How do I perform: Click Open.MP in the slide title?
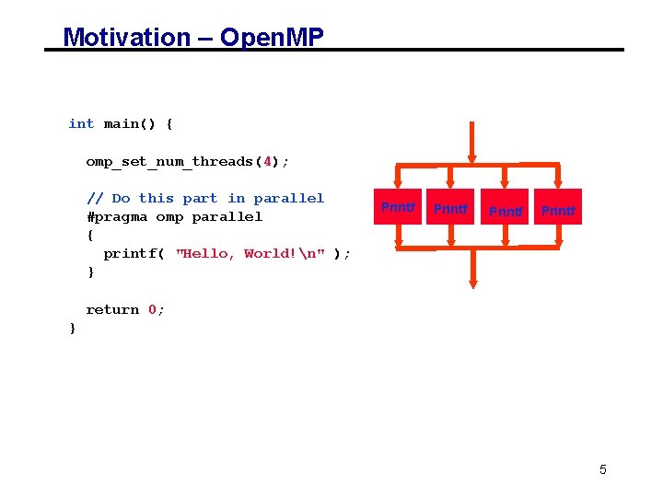[273, 37]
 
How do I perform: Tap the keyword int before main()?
[81, 123]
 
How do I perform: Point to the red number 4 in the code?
[268, 161]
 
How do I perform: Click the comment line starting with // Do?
[204, 198]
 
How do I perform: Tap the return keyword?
[112, 310]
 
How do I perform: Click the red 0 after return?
[152, 310]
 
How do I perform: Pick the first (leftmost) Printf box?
[398, 207]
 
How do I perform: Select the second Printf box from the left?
[450, 208]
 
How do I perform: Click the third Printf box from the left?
[506, 210]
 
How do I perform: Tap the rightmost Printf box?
[558, 210]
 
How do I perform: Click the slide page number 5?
[603, 469]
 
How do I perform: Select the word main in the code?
[121, 123]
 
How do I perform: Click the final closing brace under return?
[73, 329]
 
